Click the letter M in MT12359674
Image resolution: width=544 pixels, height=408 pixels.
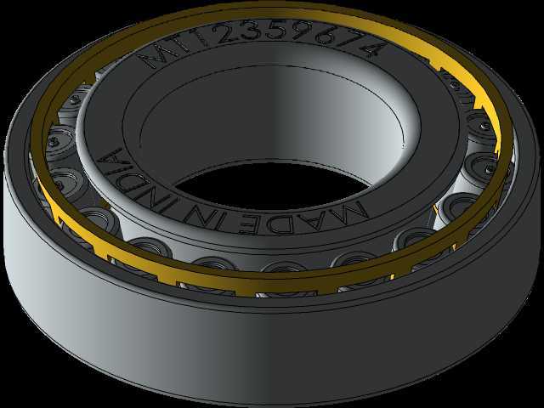pos(159,54)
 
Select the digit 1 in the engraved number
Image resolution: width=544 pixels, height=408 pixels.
pos(205,37)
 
